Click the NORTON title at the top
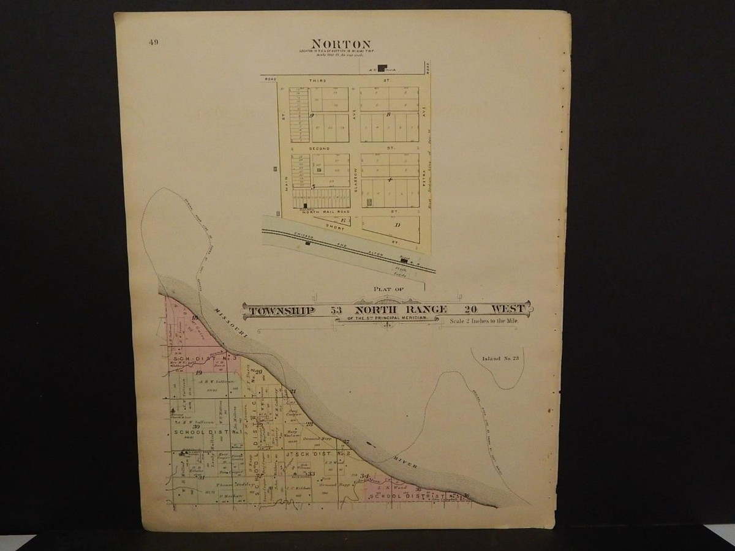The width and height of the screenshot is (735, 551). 341,44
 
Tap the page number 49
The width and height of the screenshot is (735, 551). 153,42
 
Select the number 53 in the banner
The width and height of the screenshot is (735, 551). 337,310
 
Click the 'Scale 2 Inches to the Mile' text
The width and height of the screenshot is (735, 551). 483,321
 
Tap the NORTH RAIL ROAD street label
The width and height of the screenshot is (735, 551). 321,211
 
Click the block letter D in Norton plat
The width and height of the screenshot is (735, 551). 397,225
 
